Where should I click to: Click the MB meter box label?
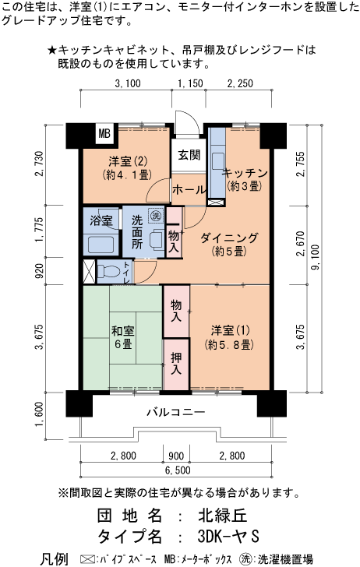click(104, 134)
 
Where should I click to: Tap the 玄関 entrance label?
click(188, 154)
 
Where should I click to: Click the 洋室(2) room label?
click(128, 162)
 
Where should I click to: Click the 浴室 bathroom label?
click(101, 220)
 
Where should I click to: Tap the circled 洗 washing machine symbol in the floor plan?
click(156, 216)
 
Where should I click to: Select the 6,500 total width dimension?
click(175, 470)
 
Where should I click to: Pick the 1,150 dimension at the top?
click(189, 83)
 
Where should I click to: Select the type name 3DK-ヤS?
click(227, 537)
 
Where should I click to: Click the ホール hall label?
click(189, 189)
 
